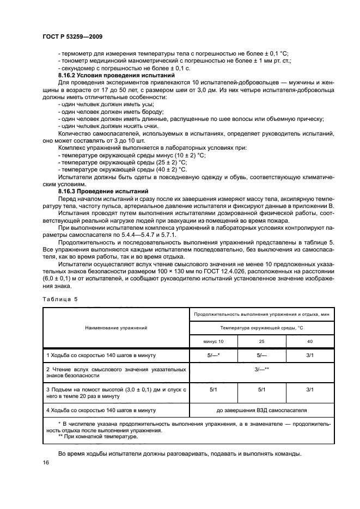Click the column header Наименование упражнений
(115, 328)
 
